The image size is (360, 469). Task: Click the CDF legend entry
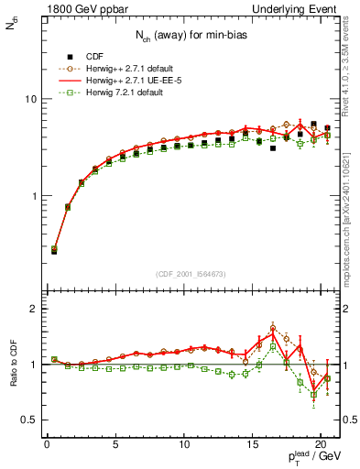(94, 54)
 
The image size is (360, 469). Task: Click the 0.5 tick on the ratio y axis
(27, 420)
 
